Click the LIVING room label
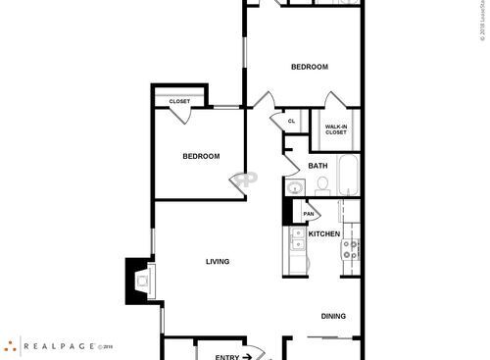point(218,262)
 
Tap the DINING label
point(334,316)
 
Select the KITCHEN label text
point(324,234)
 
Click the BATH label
point(318,166)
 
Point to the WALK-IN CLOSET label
point(336,129)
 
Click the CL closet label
point(291,122)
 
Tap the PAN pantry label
point(309,213)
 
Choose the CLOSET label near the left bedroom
point(179,101)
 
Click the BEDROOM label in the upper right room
point(310,67)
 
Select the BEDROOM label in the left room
point(201,156)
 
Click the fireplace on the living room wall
point(138,281)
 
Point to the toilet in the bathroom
point(322,183)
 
